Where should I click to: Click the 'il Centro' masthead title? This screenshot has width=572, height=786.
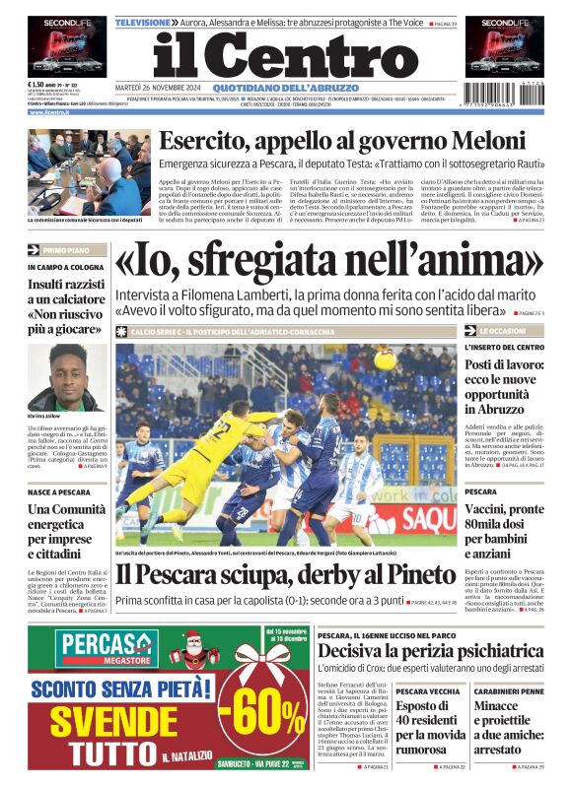[x=286, y=57]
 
